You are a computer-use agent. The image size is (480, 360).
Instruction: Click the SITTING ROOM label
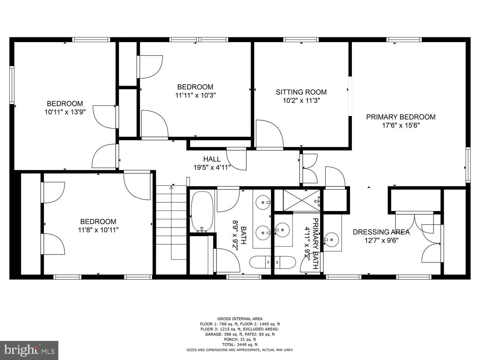[x=301, y=92]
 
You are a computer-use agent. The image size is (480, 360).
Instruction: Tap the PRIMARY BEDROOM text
[x=400, y=117]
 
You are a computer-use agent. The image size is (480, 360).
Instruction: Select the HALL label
[x=212, y=159]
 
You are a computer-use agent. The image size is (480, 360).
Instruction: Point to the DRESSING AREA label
[x=381, y=232]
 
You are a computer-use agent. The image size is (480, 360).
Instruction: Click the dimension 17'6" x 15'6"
[x=400, y=126]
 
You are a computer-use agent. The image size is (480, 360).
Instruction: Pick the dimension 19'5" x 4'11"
[x=212, y=167]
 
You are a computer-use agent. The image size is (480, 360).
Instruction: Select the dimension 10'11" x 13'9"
[x=65, y=112]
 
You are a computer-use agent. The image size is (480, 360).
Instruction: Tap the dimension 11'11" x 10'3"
[x=195, y=95]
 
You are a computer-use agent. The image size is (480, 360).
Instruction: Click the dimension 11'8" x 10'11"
[x=98, y=230]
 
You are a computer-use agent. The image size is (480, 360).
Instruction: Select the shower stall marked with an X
[x=301, y=200]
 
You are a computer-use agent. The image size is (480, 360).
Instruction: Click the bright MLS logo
[x=29, y=350]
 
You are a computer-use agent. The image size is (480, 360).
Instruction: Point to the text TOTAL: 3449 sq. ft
[x=240, y=345]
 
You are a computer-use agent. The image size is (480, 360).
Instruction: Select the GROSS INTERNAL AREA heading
[x=240, y=319]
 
